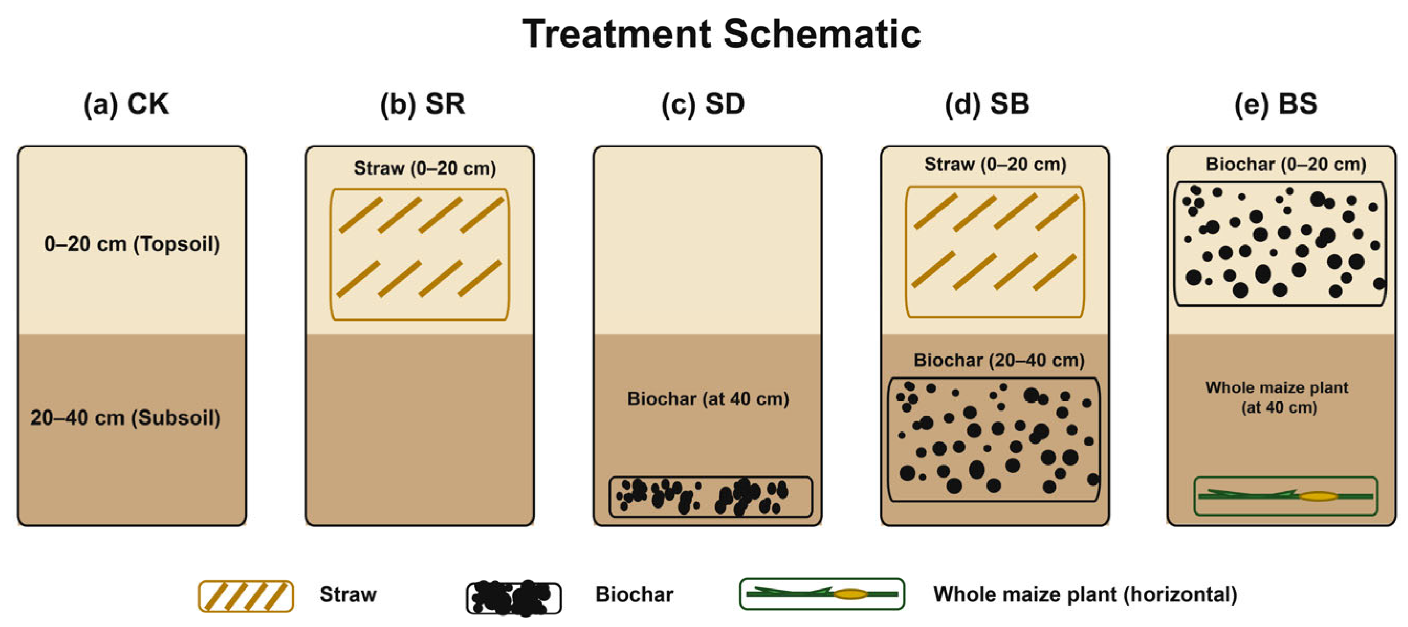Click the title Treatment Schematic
point(722,34)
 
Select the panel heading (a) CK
point(126,103)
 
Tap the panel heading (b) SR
point(423,103)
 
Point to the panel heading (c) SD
point(703,103)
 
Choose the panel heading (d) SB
point(987,103)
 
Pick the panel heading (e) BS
point(1276,103)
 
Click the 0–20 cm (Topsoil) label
point(132,244)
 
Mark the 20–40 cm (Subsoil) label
point(126,418)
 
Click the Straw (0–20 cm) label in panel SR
point(425,168)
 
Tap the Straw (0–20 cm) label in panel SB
point(995,164)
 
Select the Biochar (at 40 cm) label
point(708,399)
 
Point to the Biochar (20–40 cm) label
point(999,360)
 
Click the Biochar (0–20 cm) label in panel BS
point(1285,164)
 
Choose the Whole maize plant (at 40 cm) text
point(1278,397)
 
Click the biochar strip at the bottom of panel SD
point(711,497)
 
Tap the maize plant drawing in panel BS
point(1285,496)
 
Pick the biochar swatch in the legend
point(514,598)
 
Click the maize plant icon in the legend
point(822,593)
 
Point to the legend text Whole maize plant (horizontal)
point(1085,594)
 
